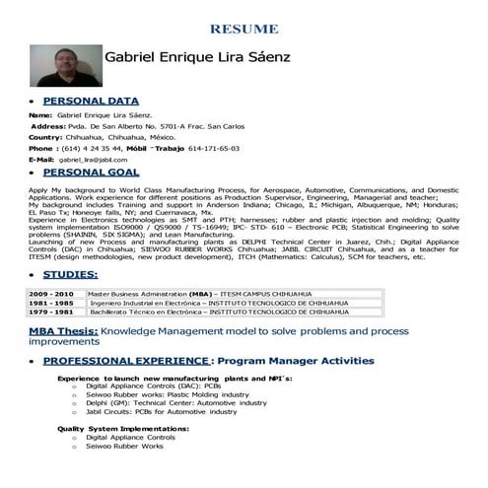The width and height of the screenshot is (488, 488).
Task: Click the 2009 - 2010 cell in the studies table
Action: click(x=51, y=294)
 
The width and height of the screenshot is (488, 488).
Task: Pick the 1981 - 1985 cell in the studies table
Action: click(x=51, y=303)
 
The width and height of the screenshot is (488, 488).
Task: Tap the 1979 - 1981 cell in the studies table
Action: click(x=51, y=312)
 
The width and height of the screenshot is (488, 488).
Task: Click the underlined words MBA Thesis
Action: click(x=62, y=333)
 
